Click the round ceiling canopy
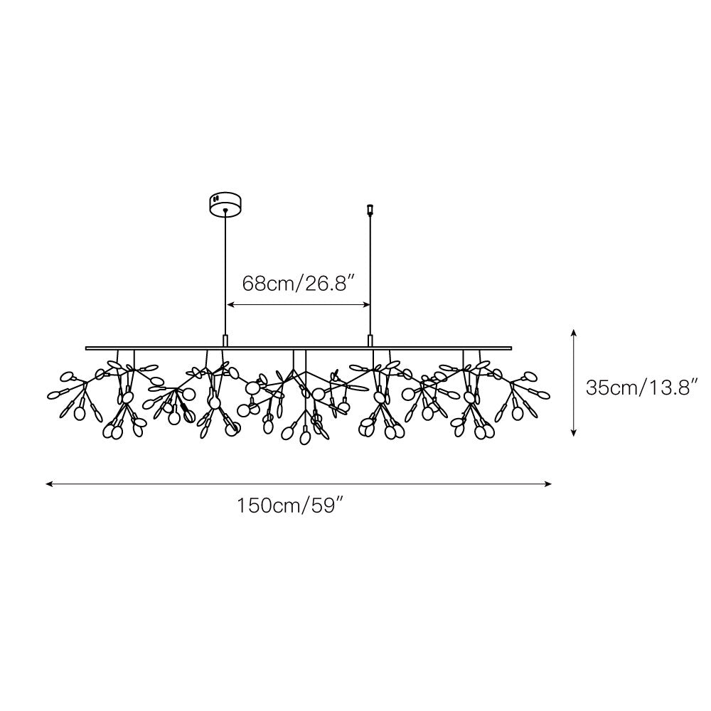coord(225,203)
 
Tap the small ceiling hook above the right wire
coord(370,209)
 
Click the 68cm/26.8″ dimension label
coord(299,283)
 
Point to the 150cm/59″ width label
coord(291,506)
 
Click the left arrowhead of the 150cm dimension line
coord(48,484)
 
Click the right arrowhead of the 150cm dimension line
coord(550,484)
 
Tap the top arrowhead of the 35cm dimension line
coord(574,332)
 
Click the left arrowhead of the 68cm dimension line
coord(230,305)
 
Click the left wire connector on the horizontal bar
coord(226,341)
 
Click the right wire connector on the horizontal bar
coord(370,341)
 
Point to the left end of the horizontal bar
coord(87,348)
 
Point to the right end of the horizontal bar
coord(510,348)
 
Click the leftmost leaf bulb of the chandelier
coord(53,393)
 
